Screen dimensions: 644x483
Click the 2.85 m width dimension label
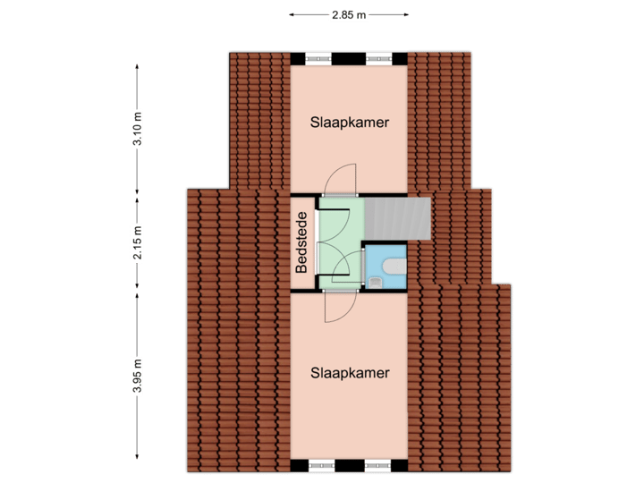tap(349, 15)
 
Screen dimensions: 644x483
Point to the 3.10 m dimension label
tap(137, 128)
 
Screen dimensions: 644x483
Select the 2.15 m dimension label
tap(137, 242)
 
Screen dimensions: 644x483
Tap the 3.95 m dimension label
tap(137, 376)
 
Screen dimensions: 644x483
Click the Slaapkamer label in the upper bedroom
tap(350, 123)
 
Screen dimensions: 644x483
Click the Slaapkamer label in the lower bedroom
tap(350, 373)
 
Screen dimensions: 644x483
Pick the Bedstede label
tap(302, 242)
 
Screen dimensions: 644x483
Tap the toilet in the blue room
tap(394, 266)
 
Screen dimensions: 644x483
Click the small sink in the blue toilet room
tap(376, 282)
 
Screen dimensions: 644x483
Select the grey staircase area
tap(397, 218)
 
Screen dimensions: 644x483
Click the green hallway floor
tap(341, 242)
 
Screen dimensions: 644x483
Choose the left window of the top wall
tap(318, 59)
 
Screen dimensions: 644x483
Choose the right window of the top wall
tap(379, 59)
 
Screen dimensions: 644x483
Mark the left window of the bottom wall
tap(322, 465)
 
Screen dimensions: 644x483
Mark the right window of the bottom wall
tap(377, 465)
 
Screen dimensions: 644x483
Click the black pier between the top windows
tap(349, 59)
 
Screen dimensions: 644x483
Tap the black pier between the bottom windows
tap(350, 465)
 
